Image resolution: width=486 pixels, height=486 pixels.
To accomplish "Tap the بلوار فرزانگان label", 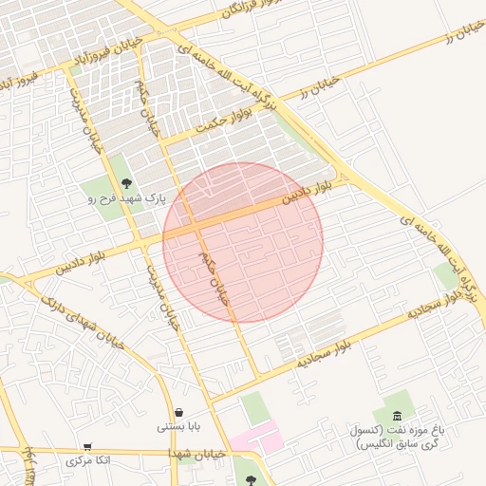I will click(x=224, y=15).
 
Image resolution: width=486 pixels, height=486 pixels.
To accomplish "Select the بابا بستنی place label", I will click(x=178, y=427).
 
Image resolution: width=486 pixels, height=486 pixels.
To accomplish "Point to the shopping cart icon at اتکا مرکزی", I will click(x=88, y=446).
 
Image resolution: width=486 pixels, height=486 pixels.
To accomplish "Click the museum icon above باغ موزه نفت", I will click(x=396, y=417).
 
